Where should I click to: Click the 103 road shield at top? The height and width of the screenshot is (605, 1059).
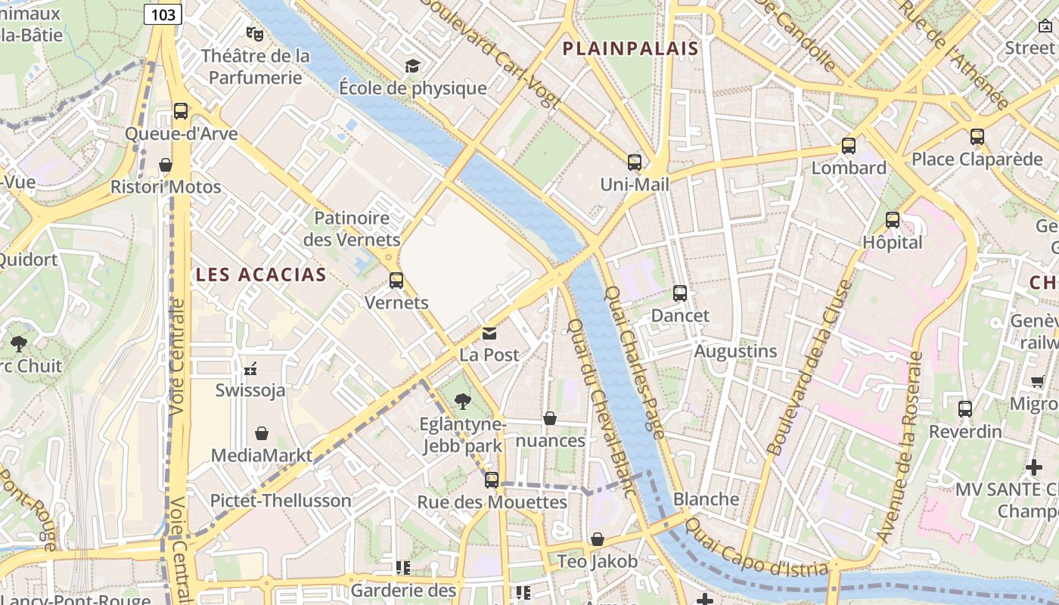[x=163, y=14]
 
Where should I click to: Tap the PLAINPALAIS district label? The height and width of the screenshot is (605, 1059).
[x=630, y=49]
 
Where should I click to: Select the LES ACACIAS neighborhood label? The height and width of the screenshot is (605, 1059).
[x=261, y=275]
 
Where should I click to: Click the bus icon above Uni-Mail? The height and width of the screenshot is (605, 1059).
[x=634, y=162]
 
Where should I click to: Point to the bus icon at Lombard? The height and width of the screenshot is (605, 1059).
[x=849, y=146]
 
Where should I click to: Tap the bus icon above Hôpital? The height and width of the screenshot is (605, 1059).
[x=893, y=220]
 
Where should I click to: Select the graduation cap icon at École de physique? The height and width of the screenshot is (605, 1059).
[x=412, y=67]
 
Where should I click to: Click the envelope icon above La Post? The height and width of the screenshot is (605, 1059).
[x=489, y=333]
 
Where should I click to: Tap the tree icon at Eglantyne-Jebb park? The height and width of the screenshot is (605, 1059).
[x=462, y=402]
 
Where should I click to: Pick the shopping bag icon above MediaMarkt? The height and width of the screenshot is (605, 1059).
[x=261, y=433]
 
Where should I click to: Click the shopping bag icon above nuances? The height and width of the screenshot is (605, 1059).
[x=550, y=418]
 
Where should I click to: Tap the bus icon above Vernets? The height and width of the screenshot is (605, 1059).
[x=396, y=281]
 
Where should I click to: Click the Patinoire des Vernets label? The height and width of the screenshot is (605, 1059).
[x=352, y=229]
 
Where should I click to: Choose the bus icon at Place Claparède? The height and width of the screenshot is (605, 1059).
[x=977, y=137]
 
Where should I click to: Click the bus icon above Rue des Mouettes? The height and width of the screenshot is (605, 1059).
[x=492, y=479]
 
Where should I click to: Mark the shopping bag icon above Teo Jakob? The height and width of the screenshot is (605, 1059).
[x=598, y=539]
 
